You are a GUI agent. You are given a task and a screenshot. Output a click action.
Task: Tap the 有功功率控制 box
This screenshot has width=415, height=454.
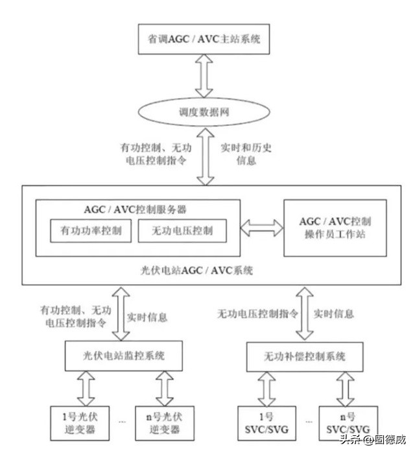91,231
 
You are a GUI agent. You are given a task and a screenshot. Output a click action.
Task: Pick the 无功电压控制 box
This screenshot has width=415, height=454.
182,231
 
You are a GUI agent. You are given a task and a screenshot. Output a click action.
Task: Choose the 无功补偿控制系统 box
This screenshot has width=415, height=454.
306,356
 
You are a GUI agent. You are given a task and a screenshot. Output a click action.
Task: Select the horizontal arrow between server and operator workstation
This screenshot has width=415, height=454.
261,227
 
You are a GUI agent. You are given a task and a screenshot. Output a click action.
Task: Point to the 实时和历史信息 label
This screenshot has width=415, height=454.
246,153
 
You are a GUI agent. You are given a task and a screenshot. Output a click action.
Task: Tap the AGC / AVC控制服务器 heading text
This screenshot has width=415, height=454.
139,209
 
